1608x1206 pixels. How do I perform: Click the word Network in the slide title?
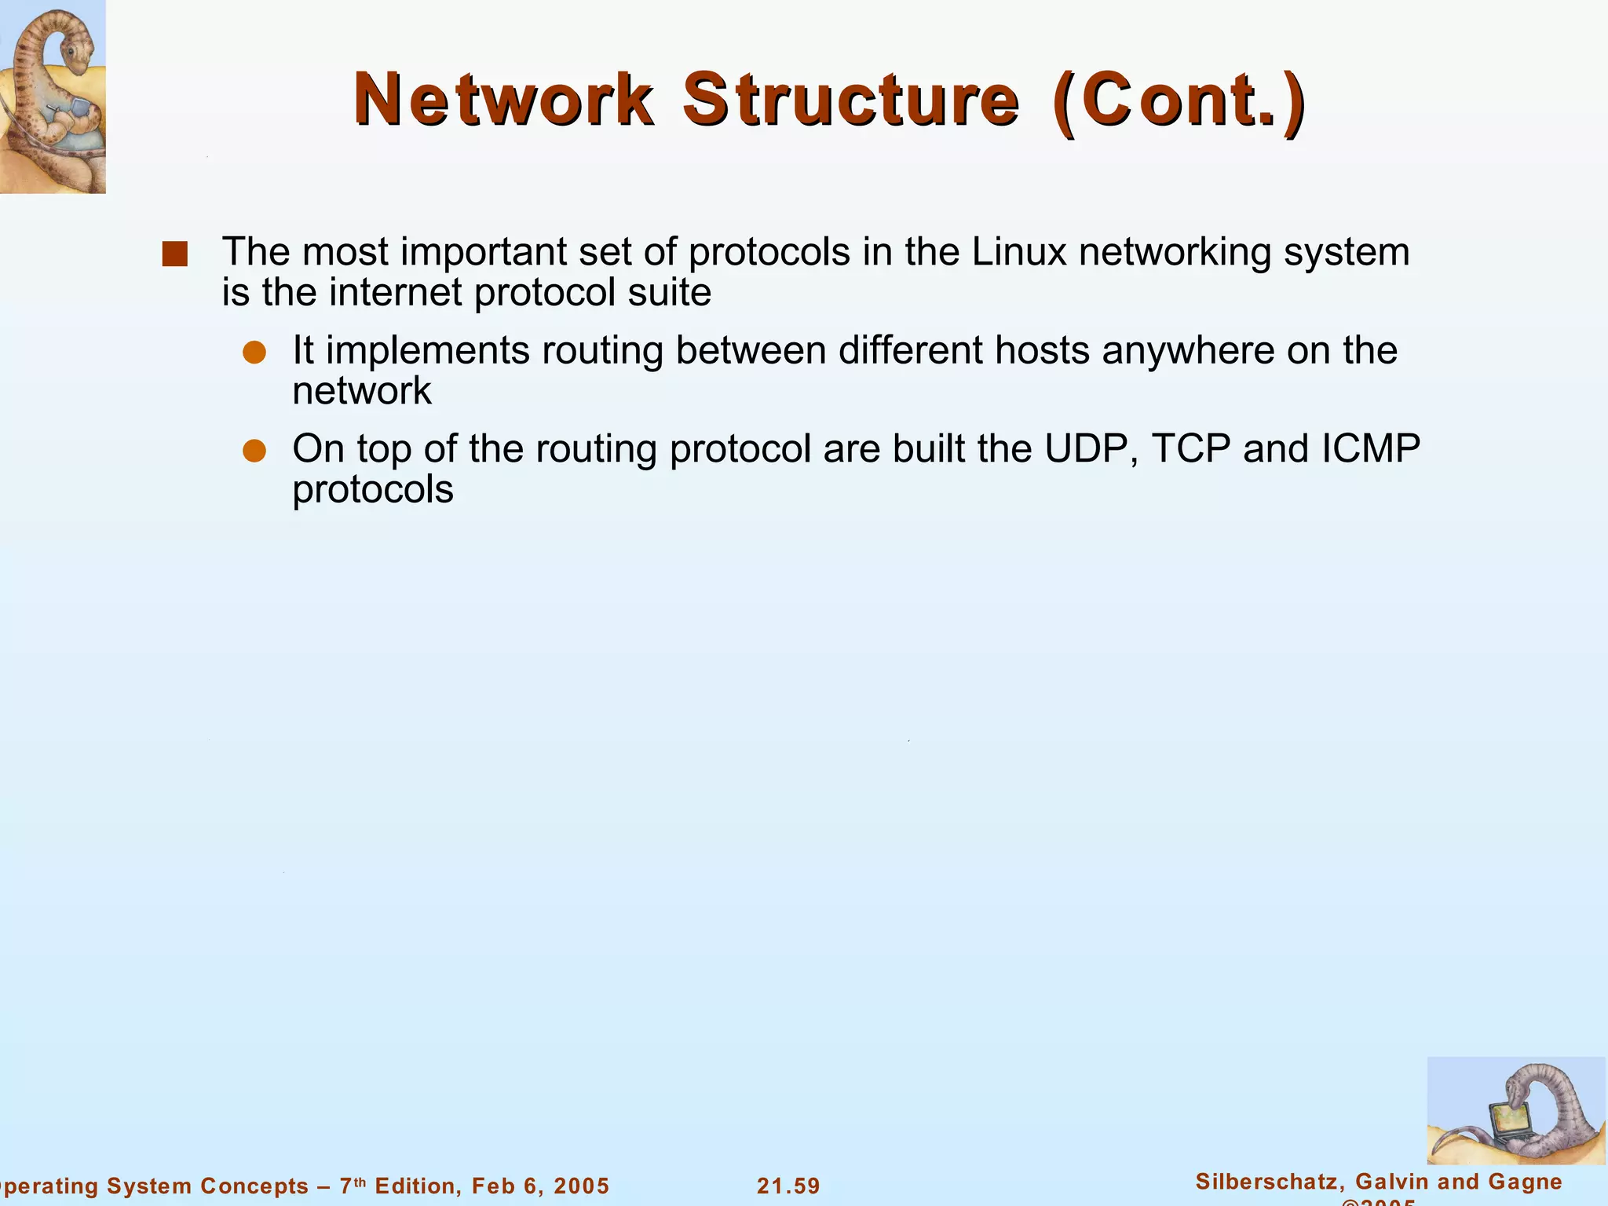coord(503,100)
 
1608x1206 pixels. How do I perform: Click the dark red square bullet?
coord(174,254)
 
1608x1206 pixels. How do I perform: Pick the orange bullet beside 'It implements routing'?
coord(254,353)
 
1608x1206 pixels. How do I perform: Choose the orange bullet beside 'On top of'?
coord(254,451)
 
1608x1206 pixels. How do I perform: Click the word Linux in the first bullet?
coord(1019,252)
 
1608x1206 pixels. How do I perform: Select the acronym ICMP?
coord(1371,449)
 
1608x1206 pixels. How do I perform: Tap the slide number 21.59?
coord(788,1186)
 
